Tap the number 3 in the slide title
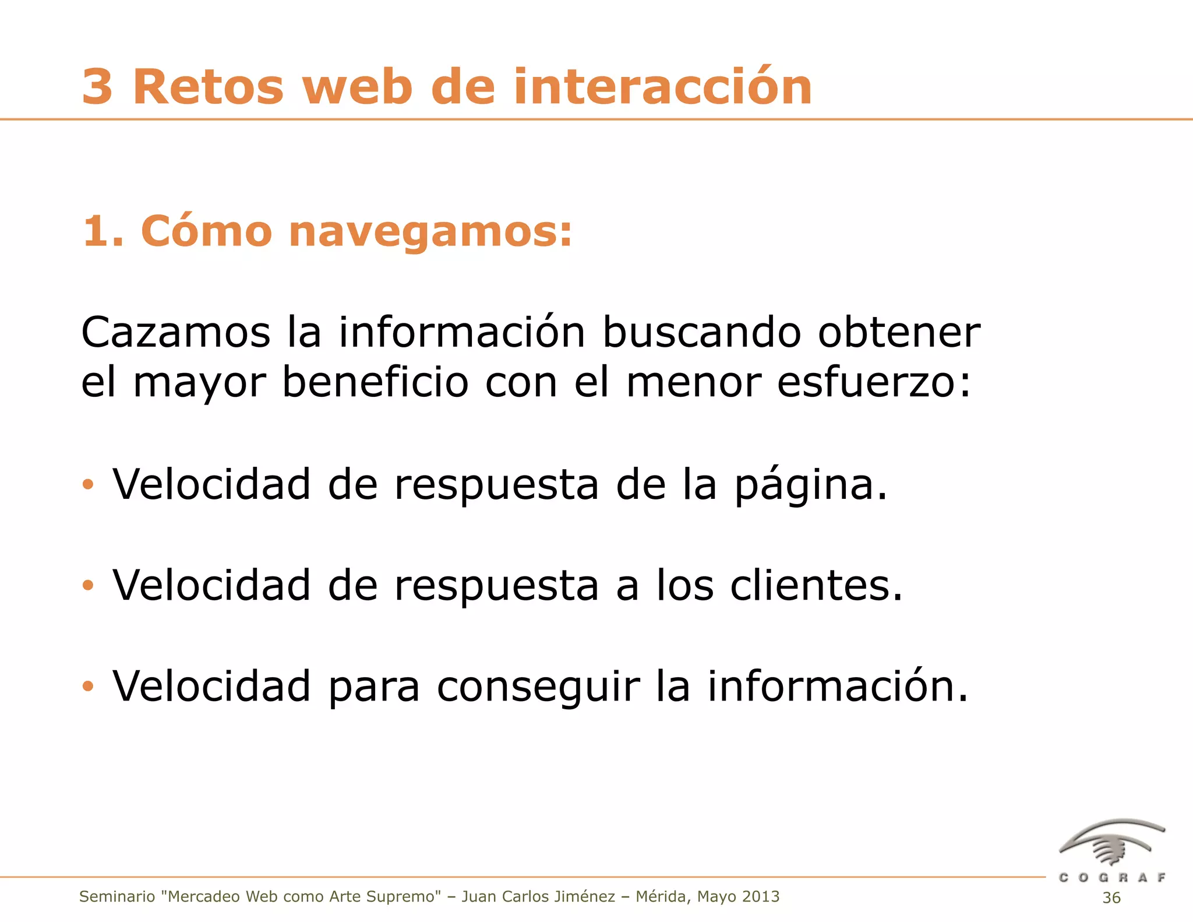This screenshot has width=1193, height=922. coord(97,87)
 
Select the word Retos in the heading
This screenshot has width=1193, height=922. coord(208,87)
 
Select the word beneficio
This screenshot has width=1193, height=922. coord(375,383)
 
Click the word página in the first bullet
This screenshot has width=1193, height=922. coord(810,485)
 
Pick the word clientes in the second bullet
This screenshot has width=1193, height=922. coord(816,586)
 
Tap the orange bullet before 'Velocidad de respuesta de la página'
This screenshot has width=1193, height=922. coord(88,484)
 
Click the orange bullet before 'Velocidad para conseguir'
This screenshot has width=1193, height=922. coord(88,687)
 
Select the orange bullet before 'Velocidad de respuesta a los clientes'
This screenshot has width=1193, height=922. coord(88,585)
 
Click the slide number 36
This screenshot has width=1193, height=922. coord(1111,898)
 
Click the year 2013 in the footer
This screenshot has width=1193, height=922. coord(761,896)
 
